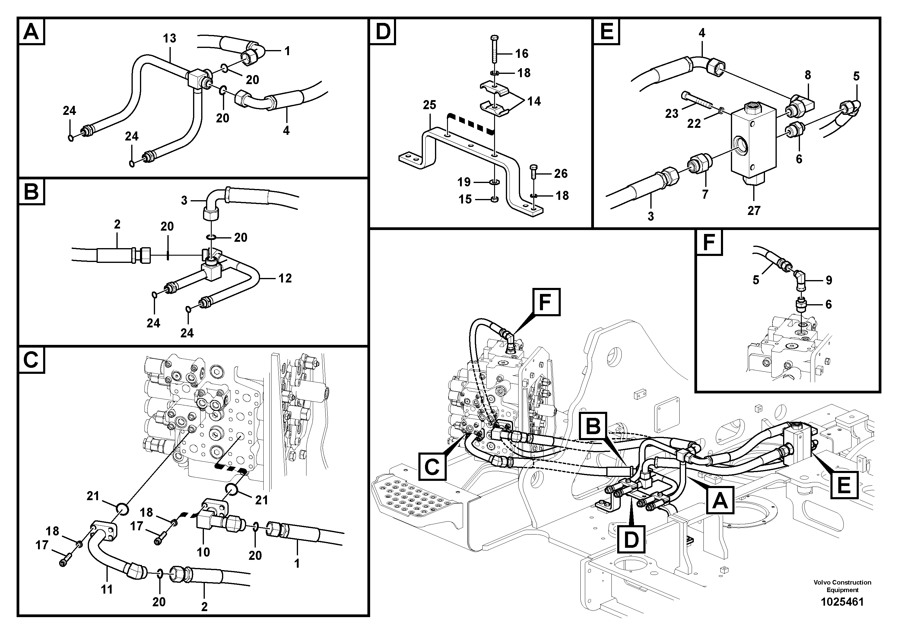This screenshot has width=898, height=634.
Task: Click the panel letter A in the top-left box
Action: pyautogui.click(x=31, y=32)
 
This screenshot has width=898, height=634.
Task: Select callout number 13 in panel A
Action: pyautogui.click(x=169, y=38)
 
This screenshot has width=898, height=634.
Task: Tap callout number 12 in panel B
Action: pyautogui.click(x=285, y=278)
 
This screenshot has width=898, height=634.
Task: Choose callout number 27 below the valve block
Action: pyautogui.click(x=754, y=211)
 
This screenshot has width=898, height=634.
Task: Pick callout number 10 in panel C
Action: pyautogui.click(x=203, y=552)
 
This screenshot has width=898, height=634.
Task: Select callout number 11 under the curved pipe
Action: pyautogui.click(x=107, y=589)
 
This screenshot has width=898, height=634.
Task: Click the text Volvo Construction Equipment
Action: pyautogui.click(x=842, y=586)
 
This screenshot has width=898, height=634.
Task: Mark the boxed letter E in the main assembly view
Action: pyautogui.click(x=844, y=485)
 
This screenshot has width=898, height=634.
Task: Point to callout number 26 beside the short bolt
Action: pyautogui.click(x=560, y=174)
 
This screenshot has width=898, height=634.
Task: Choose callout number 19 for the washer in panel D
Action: pyautogui.click(x=464, y=182)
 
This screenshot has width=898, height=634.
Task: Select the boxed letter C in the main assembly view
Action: pyautogui.click(x=432, y=467)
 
